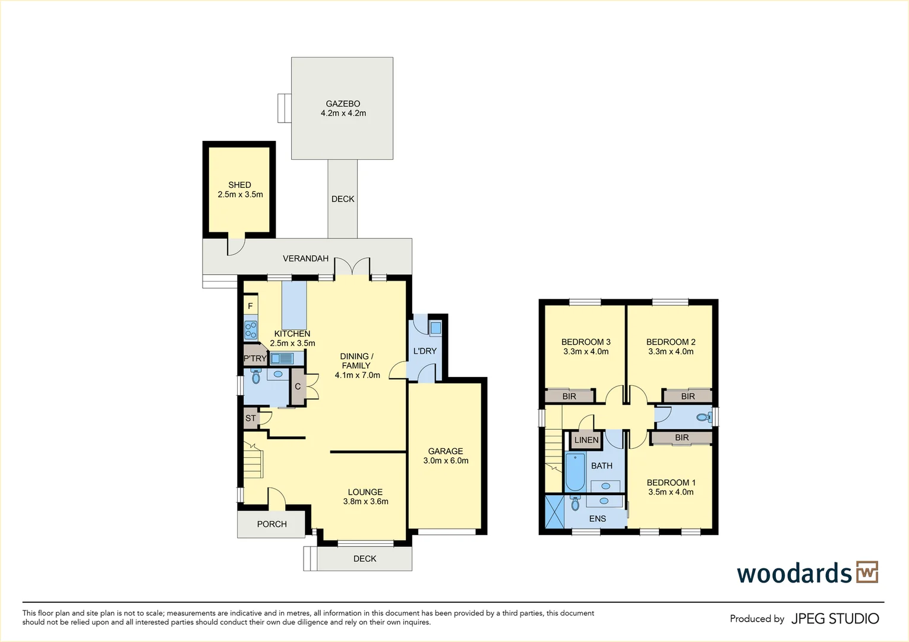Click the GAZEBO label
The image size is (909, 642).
pyautogui.click(x=343, y=103)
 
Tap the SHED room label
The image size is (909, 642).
pyautogui.click(x=239, y=185)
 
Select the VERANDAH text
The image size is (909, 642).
pyautogui.click(x=305, y=259)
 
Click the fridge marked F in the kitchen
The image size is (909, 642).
pyautogui.click(x=250, y=306)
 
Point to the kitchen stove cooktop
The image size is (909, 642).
pyautogui.click(x=251, y=330)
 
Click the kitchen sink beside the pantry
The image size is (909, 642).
pyautogui.click(x=282, y=358)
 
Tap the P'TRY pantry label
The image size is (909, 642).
pyautogui.click(x=255, y=358)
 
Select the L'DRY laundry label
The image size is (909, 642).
pyautogui.click(x=425, y=351)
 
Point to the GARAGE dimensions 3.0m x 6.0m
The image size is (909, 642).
pyautogui.click(x=446, y=461)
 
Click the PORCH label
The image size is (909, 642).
pyautogui.click(x=272, y=524)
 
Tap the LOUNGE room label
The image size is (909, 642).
pyautogui.click(x=365, y=492)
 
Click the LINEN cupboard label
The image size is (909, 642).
pyautogui.click(x=586, y=440)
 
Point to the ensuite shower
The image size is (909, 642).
pyautogui.click(x=554, y=512)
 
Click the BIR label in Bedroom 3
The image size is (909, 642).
pyautogui.click(x=569, y=396)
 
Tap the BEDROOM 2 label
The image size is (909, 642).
pyautogui.click(x=671, y=342)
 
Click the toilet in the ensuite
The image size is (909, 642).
pyautogui.click(x=575, y=503)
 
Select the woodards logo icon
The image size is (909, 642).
pyautogui.click(x=867, y=572)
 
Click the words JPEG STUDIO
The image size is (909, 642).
pyautogui.click(x=835, y=619)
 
